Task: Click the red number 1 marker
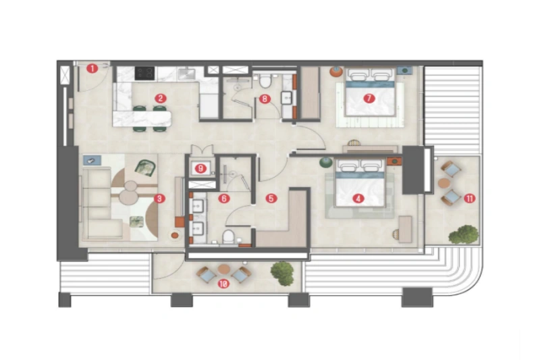click(x=93, y=68)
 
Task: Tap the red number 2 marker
click(x=160, y=98)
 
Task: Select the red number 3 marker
click(x=159, y=199)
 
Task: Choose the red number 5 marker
click(x=271, y=199)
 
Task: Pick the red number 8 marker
click(x=265, y=99)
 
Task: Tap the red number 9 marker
click(x=200, y=168)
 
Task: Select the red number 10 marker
click(x=223, y=284)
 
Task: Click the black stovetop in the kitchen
click(x=145, y=72)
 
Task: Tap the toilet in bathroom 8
click(x=266, y=82)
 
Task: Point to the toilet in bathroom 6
click(x=229, y=236)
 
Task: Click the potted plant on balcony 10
click(x=282, y=272)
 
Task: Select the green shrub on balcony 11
click(x=464, y=234)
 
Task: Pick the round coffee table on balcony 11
click(x=443, y=183)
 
